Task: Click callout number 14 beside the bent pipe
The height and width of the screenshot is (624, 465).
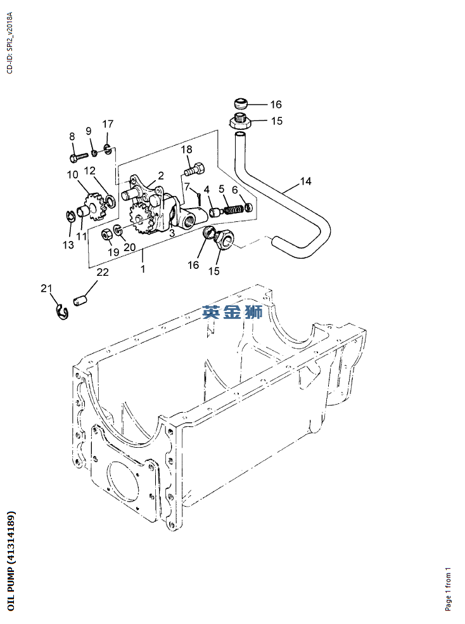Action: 305,181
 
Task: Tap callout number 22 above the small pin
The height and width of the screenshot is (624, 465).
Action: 102,272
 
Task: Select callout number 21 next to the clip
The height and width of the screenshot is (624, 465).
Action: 46,289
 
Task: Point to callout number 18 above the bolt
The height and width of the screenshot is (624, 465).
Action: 186,150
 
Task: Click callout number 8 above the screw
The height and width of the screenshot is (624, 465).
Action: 72,136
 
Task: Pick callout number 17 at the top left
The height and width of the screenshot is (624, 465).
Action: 108,124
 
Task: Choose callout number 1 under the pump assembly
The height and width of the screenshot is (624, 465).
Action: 143,269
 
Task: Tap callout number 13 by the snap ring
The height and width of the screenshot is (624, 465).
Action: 68,245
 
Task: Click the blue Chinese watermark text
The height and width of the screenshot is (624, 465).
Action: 232,311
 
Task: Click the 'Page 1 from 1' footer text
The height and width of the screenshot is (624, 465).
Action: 449,588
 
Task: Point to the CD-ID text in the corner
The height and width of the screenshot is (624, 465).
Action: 10,42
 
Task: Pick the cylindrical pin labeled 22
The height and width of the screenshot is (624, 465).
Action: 79,299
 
